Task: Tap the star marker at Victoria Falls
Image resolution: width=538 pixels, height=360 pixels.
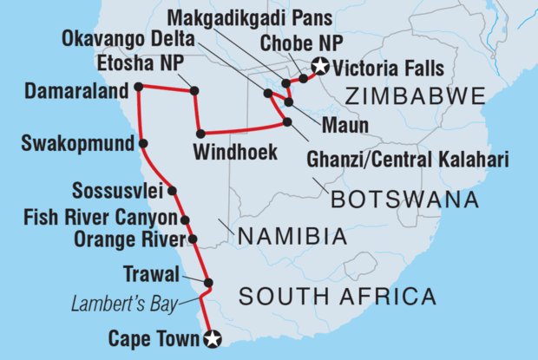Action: [321, 64]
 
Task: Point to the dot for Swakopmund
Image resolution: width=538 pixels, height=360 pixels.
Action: [142, 144]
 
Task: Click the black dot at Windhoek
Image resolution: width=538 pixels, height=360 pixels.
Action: [200, 133]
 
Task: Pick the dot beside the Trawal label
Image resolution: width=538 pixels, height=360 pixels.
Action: [208, 282]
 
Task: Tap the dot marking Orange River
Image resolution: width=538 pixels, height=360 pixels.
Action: [193, 239]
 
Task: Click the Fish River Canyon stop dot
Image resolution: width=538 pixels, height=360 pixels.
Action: [184, 220]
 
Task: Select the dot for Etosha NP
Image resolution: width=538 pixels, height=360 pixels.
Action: [194, 90]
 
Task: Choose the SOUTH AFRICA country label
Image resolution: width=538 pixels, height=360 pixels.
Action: [337, 298]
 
